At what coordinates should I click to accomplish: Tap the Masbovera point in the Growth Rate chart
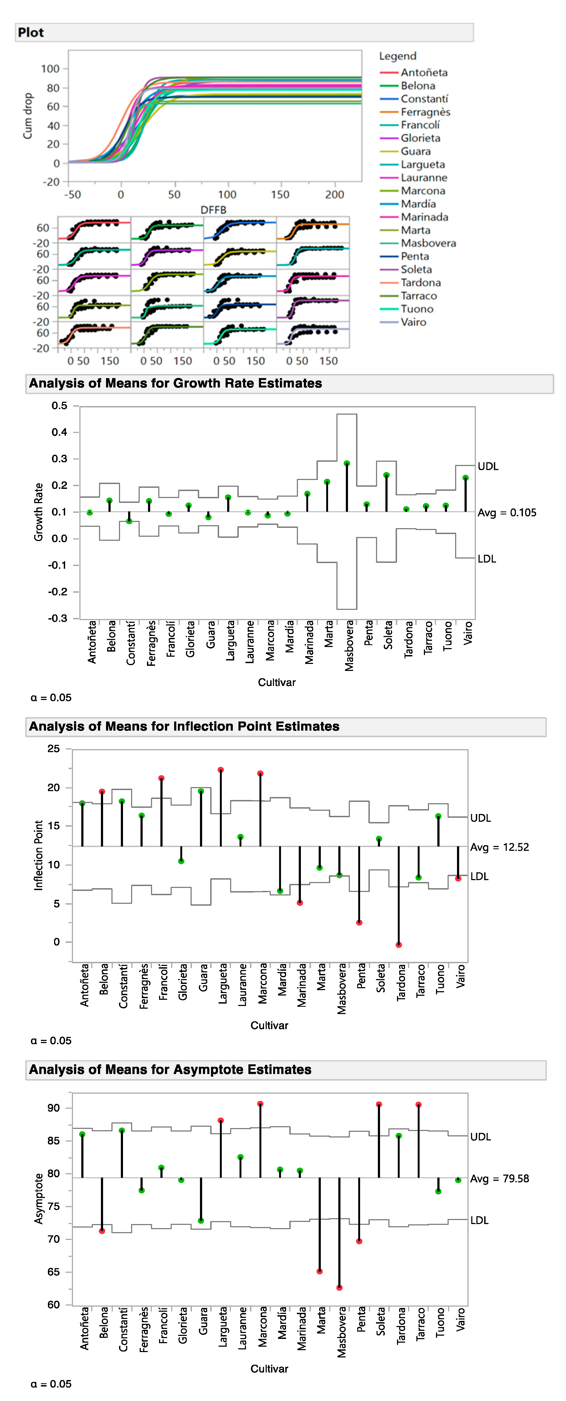coord(347,463)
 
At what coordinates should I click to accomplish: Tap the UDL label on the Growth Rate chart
coord(488,466)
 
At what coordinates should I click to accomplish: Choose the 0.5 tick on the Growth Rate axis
coord(59,406)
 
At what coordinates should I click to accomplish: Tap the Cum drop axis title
coord(27,116)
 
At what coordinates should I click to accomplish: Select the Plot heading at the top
coord(31,33)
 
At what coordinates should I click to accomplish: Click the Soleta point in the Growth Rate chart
coord(386,475)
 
